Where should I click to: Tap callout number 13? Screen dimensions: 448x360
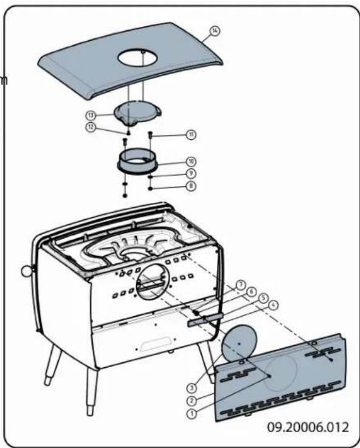tap(91, 114)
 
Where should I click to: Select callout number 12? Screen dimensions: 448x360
tap(91, 126)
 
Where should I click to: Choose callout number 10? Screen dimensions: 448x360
tap(190, 162)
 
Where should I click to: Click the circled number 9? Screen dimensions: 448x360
tap(190, 173)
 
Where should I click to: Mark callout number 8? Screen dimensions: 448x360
tap(190, 185)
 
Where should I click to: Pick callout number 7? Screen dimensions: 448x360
tap(241, 284)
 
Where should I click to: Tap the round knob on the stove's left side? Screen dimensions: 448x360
tap(26, 270)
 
